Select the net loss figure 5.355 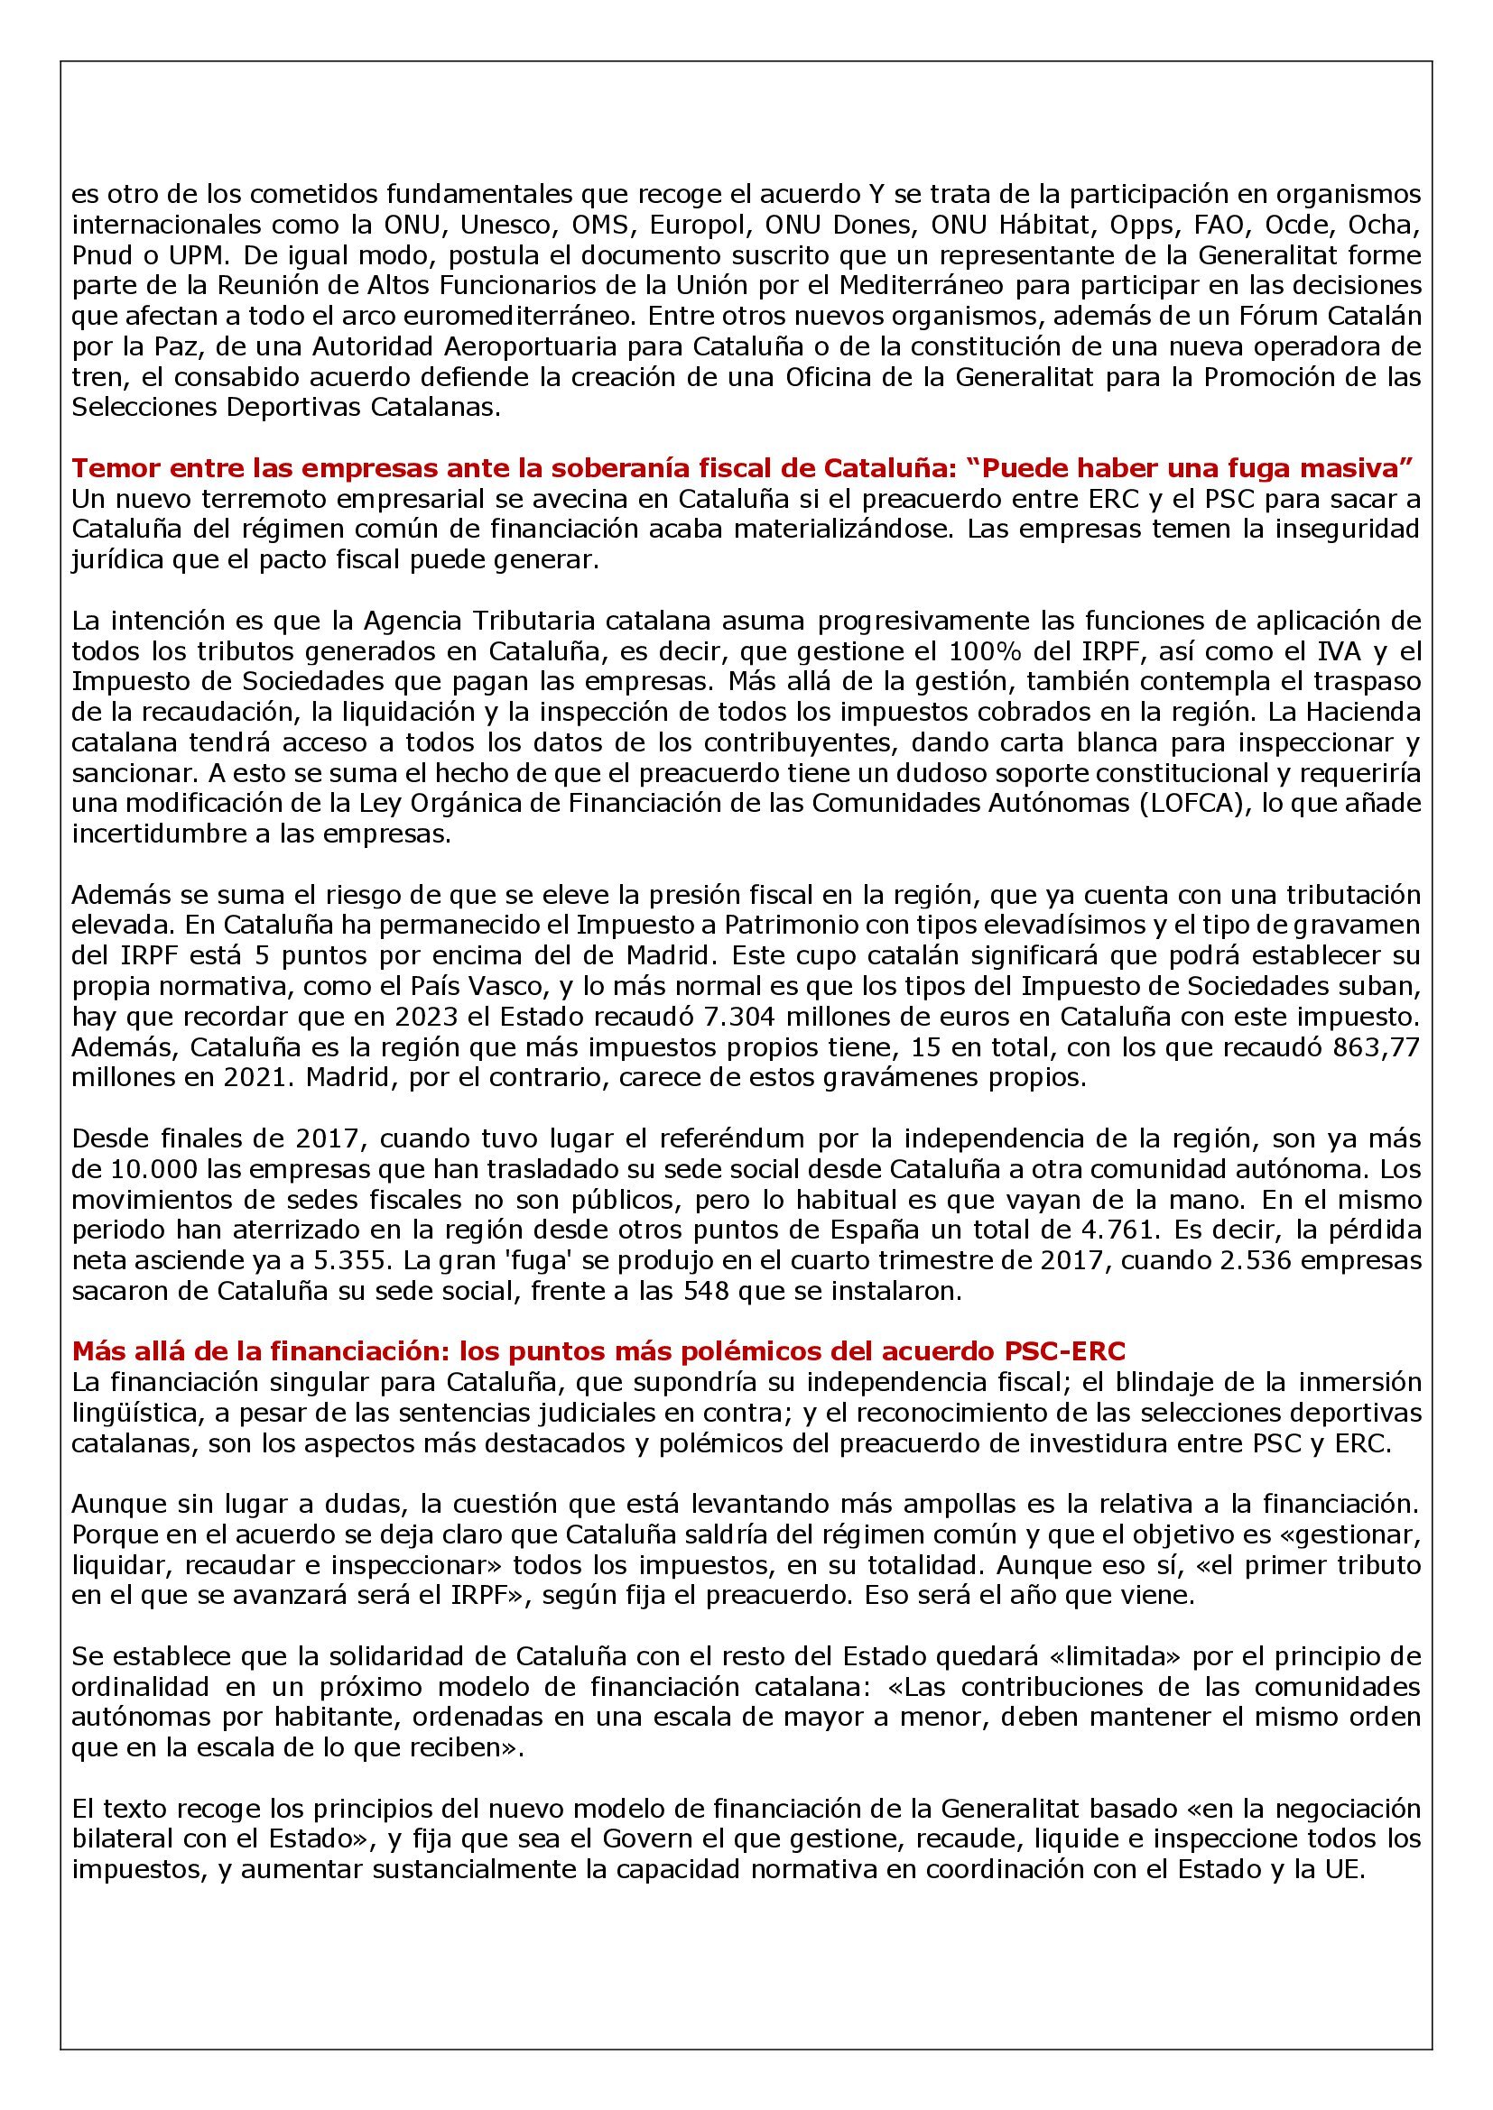[x=365, y=1260]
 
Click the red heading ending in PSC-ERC [x=598, y=1351]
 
